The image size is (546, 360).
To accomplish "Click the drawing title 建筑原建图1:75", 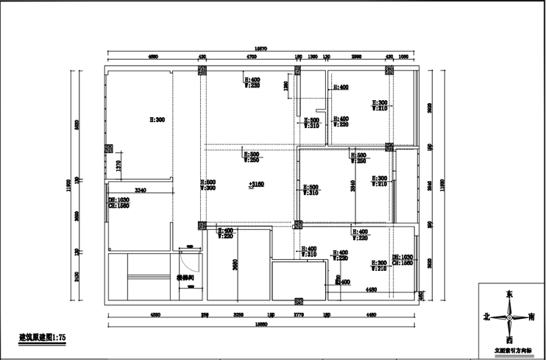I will click(x=43, y=337).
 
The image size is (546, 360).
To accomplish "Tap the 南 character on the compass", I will click(x=532, y=317).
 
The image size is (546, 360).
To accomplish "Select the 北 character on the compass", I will click(x=486, y=317).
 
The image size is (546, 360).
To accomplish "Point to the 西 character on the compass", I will click(x=508, y=339).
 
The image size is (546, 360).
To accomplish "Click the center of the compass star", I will click(x=508, y=317).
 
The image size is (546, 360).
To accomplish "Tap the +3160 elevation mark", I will click(x=255, y=184).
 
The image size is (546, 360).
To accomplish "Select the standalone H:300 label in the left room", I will click(x=157, y=119).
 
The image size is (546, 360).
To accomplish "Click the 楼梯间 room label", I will click(x=185, y=278).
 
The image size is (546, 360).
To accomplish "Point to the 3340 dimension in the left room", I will click(x=141, y=191).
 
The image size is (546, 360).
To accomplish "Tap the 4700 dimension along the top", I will click(x=250, y=56).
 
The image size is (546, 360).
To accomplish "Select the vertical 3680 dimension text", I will click(x=234, y=264).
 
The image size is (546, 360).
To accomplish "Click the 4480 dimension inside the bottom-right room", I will click(x=371, y=290).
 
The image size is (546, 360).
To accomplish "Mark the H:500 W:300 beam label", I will click(x=209, y=185).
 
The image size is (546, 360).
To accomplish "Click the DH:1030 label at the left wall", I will click(x=118, y=200).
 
